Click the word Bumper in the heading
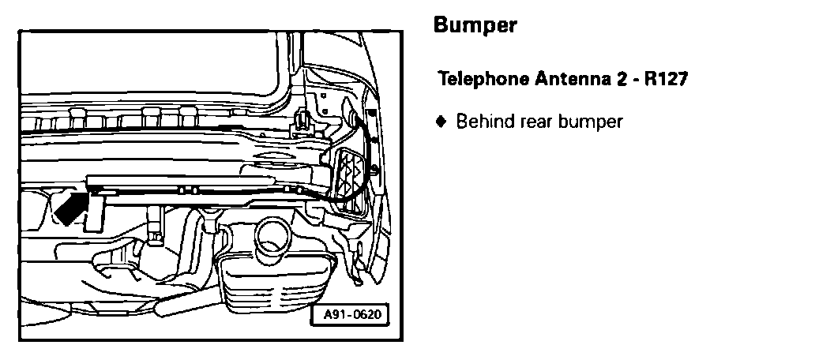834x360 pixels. coord(475,26)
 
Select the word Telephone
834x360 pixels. coord(483,80)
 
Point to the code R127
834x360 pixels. coord(670,80)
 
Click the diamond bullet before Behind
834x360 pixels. coord(441,122)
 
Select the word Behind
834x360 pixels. coord(483,122)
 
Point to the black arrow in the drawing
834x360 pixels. coord(69,206)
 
